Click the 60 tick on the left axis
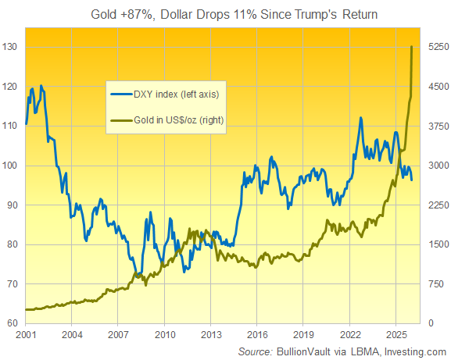click(x=13, y=322)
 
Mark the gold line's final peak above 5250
click(x=412, y=47)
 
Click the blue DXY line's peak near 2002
click(x=41, y=86)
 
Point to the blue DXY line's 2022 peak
click(x=360, y=118)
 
